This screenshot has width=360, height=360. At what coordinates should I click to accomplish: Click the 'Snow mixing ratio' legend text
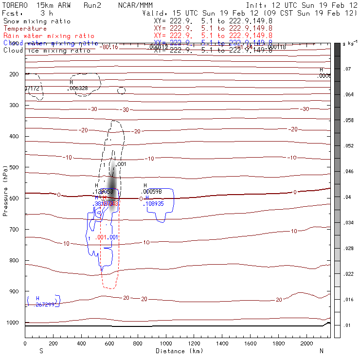tap(37, 21)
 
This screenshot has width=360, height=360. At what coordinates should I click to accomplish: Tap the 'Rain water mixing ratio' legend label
tap(49, 36)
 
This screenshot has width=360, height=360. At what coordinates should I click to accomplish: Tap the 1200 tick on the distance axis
tap(194, 343)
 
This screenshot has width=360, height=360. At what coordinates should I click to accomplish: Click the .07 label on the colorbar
tap(348, 69)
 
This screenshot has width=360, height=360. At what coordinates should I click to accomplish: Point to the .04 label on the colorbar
tap(348, 197)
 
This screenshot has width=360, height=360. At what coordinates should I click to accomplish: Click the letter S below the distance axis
tap(41, 351)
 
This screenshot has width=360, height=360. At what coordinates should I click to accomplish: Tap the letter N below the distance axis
tap(321, 351)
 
